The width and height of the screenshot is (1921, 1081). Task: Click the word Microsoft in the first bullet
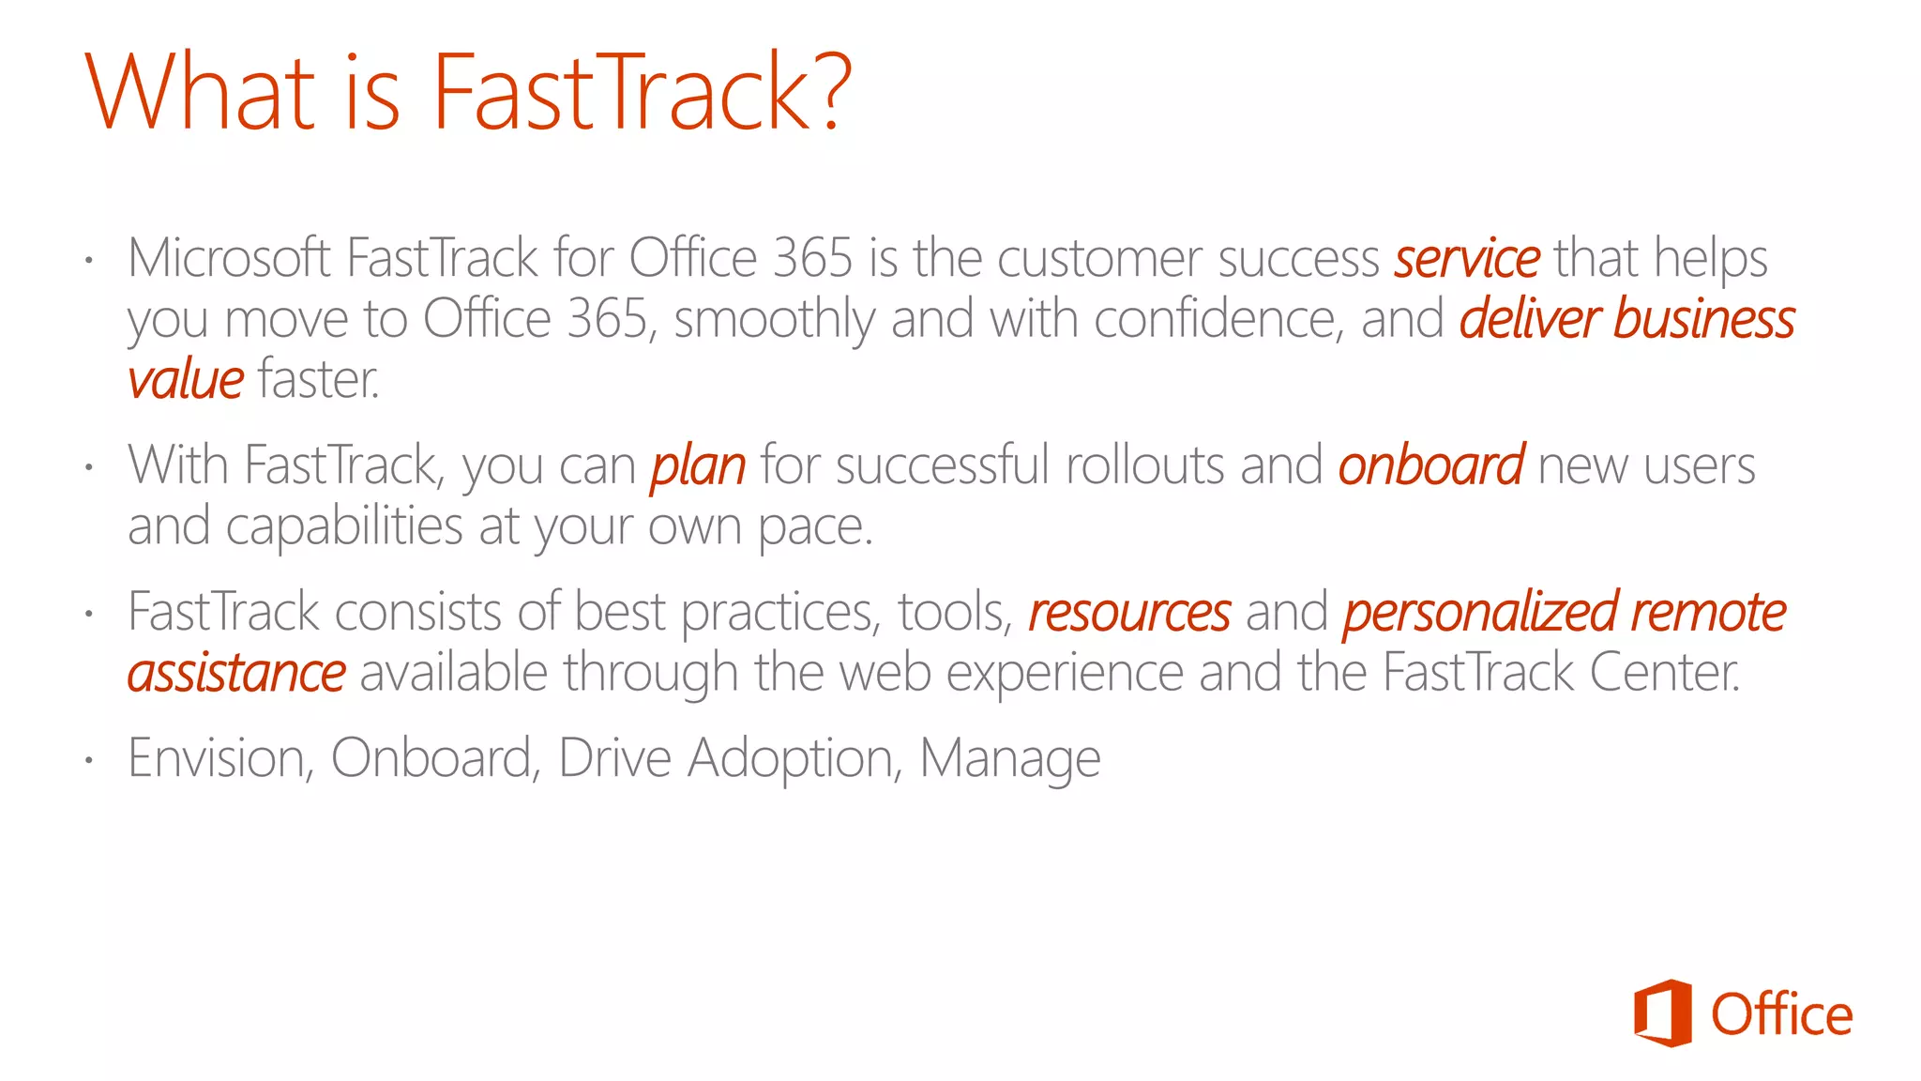229,258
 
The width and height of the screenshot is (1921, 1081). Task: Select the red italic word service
1466,258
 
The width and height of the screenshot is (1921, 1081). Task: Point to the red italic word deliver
1529,319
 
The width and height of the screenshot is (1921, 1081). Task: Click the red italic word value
186,380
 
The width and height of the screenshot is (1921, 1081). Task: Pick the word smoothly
774,320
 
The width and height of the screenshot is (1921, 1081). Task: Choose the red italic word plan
698,466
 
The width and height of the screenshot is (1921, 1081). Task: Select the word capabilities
344,525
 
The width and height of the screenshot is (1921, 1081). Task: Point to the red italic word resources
1129,613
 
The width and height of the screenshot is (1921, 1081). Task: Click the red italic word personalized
1480,613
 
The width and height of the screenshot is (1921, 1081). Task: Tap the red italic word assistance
236,673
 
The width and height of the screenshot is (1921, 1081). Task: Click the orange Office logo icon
1662,1012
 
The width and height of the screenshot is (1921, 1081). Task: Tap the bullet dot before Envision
88,759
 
